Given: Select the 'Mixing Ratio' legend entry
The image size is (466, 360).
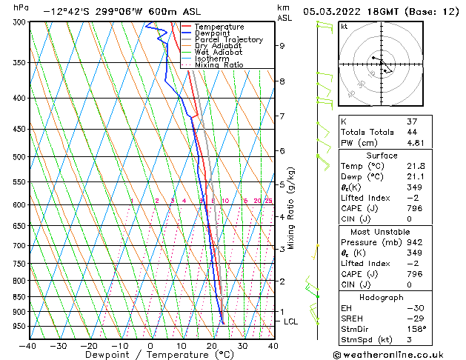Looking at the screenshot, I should tap(219, 65).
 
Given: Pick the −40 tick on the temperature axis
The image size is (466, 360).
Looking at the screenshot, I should tap(27, 345).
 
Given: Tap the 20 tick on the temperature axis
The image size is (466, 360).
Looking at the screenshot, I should tap(212, 345).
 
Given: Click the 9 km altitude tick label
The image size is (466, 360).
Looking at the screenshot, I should tap(282, 45).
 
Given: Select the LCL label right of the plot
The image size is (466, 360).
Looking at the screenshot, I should tap(291, 321).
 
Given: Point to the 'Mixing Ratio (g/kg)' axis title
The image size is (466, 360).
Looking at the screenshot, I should tap(291, 208).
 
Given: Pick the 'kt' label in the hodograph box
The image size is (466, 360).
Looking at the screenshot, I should tap(344, 27).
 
